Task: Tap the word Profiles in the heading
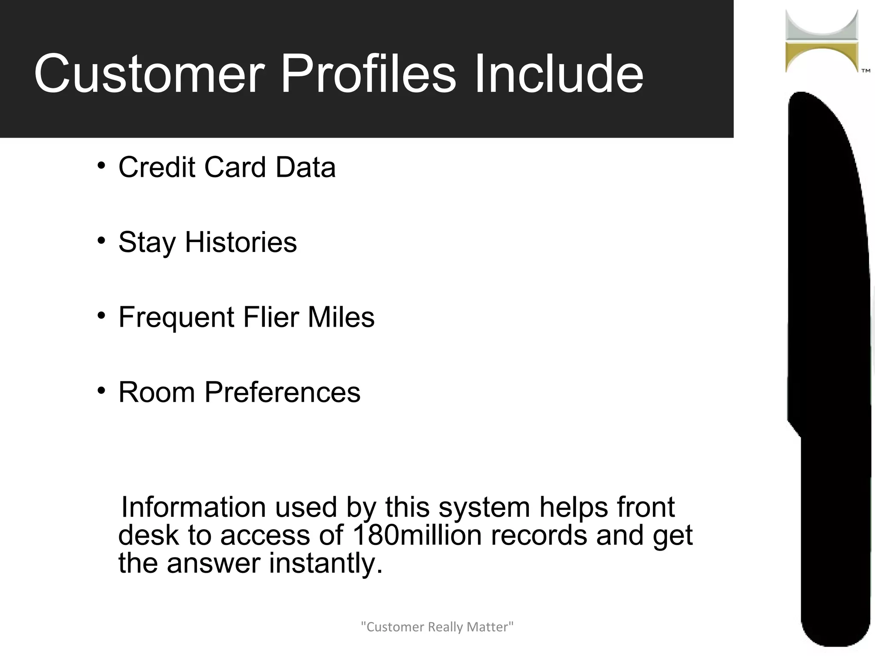368,73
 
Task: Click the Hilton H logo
822,41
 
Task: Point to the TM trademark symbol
866,71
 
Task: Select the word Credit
156,167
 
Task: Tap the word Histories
241,242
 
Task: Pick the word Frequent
176,317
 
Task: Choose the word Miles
341,317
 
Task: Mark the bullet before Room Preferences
101,391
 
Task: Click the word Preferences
282,392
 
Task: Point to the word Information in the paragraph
193,507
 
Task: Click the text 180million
417,535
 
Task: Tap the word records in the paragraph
539,535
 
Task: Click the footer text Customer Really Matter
437,627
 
